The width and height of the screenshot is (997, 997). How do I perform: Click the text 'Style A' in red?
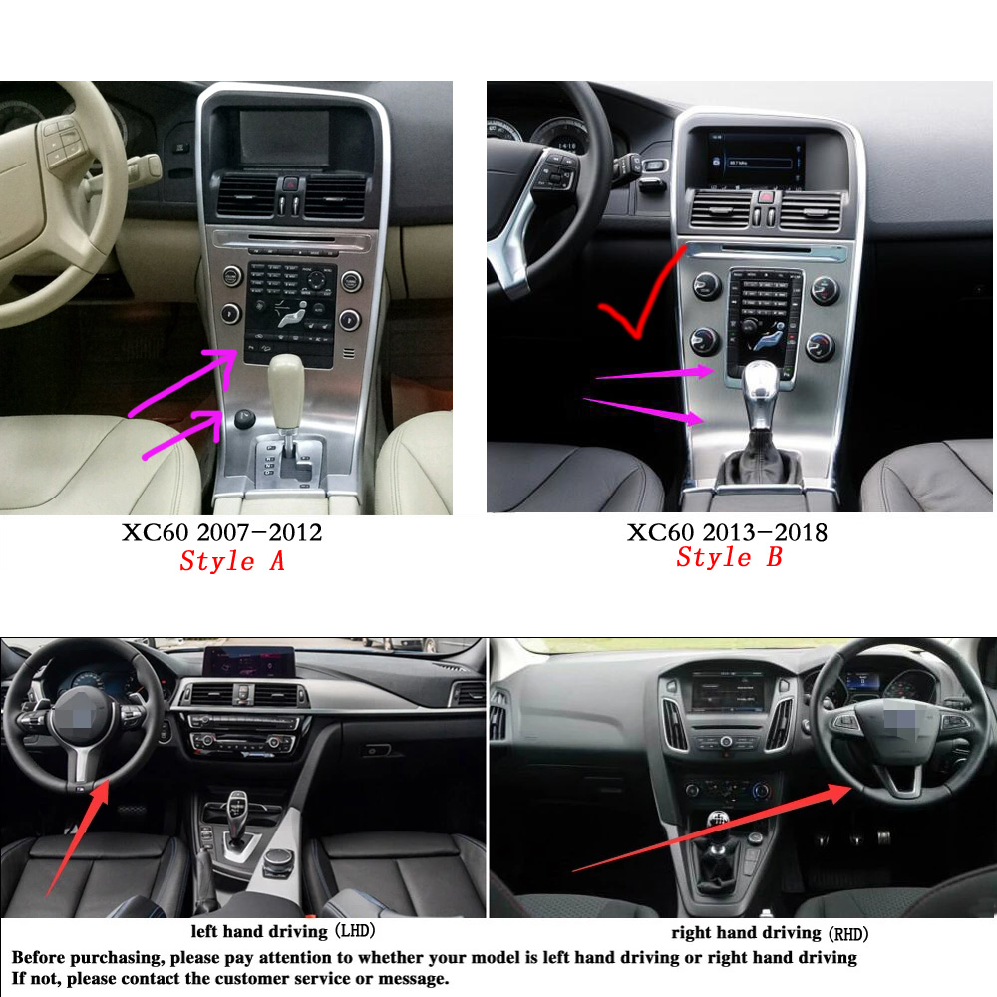[x=232, y=561]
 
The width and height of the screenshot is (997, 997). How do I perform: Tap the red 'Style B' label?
[x=729, y=557]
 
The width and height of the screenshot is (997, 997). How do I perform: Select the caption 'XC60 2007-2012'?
[x=222, y=533]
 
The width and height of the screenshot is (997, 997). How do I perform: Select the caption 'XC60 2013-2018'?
[x=727, y=532]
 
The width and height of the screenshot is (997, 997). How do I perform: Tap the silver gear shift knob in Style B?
[x=762, y=380]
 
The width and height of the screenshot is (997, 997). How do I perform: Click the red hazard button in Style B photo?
[x=764, y=198]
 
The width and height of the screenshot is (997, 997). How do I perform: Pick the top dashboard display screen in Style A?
[x=284, y=137]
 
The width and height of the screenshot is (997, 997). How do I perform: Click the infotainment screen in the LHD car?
[x=249, y=660]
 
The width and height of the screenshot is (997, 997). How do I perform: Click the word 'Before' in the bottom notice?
[x=44, y=958]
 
